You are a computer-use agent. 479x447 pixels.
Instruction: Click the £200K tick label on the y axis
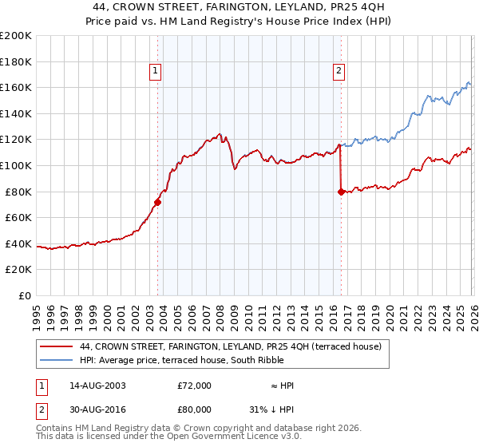click(16, 36)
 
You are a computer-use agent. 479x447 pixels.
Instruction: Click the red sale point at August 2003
click(158, 202)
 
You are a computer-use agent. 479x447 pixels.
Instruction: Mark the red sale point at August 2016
click(341, 192)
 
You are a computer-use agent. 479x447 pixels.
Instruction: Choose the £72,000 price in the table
click(194, 386)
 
